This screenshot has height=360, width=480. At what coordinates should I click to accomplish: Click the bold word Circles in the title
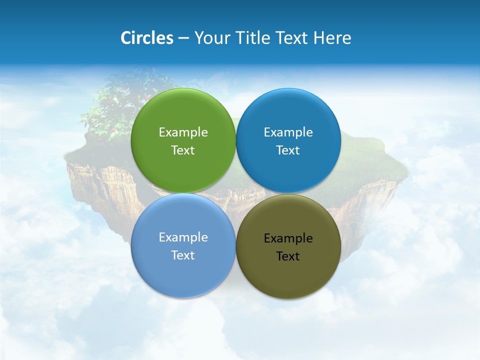(x=147, y=38)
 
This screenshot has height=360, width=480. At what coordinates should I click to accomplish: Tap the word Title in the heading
(x=253, y=38)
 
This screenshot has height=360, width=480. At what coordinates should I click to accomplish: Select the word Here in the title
(x=332, y=38)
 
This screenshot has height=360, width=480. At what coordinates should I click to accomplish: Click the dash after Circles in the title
(x=183, y=38)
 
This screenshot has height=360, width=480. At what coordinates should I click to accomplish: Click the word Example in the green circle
(x=183, y=132)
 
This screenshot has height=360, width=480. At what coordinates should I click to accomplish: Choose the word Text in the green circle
(x=183, y=150)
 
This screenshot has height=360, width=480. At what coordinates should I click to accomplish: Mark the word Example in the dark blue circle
(x=288, y=132)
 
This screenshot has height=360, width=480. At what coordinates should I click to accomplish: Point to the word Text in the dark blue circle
(x=288, y=150)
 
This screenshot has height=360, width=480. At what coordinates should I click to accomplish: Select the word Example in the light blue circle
(x=183, y=237)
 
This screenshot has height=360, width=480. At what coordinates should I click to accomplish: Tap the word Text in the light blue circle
(x=183, y=255)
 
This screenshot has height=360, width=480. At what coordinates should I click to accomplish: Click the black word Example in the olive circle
(x=288, y=238)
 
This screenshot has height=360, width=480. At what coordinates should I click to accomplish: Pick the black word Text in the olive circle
(x=288, y=256)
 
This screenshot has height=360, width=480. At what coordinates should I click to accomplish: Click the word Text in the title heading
(x=292, y=38)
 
